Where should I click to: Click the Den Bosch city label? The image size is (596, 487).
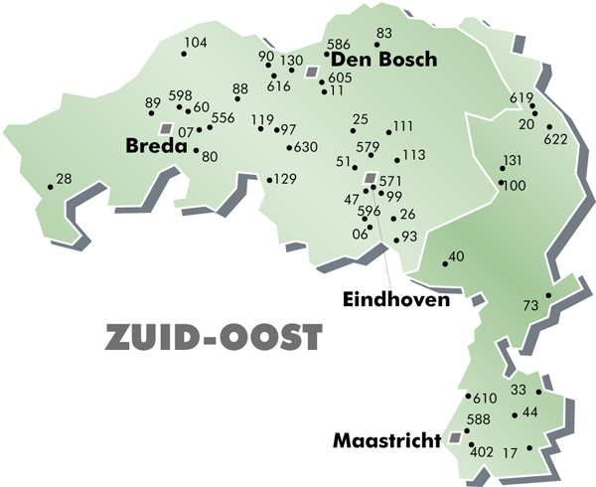click(x=382, y=60)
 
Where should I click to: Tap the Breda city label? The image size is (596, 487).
click(x=157, y=147)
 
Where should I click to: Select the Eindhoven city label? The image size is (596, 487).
click(x=395, y=298)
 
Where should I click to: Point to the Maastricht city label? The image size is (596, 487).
click(x=386, y=437)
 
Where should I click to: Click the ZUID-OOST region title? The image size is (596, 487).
click(x=214, y=338)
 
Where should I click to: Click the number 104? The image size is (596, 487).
click(x=196, y=42)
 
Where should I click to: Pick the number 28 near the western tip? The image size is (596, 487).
click(x=64, y=179)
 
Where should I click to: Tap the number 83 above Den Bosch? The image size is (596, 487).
click(x=384, y=33)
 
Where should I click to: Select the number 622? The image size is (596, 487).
click(x=555, y=139)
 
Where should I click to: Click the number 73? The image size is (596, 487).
click(x=530, y=304)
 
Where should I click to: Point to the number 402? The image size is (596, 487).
click(x=482, y=452)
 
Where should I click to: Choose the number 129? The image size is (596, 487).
click(x=285, y=179)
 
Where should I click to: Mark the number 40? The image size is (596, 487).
click(x=457, y=256)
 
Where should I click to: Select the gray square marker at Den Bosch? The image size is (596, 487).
click(x=311, y=73)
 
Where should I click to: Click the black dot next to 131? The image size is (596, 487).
click(x=503, y=169)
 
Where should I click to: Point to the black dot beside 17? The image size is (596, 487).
click(x=529, y=448)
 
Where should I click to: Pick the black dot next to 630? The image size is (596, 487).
click(x=288, y=148)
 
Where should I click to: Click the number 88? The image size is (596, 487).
click(x=240, y=89)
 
